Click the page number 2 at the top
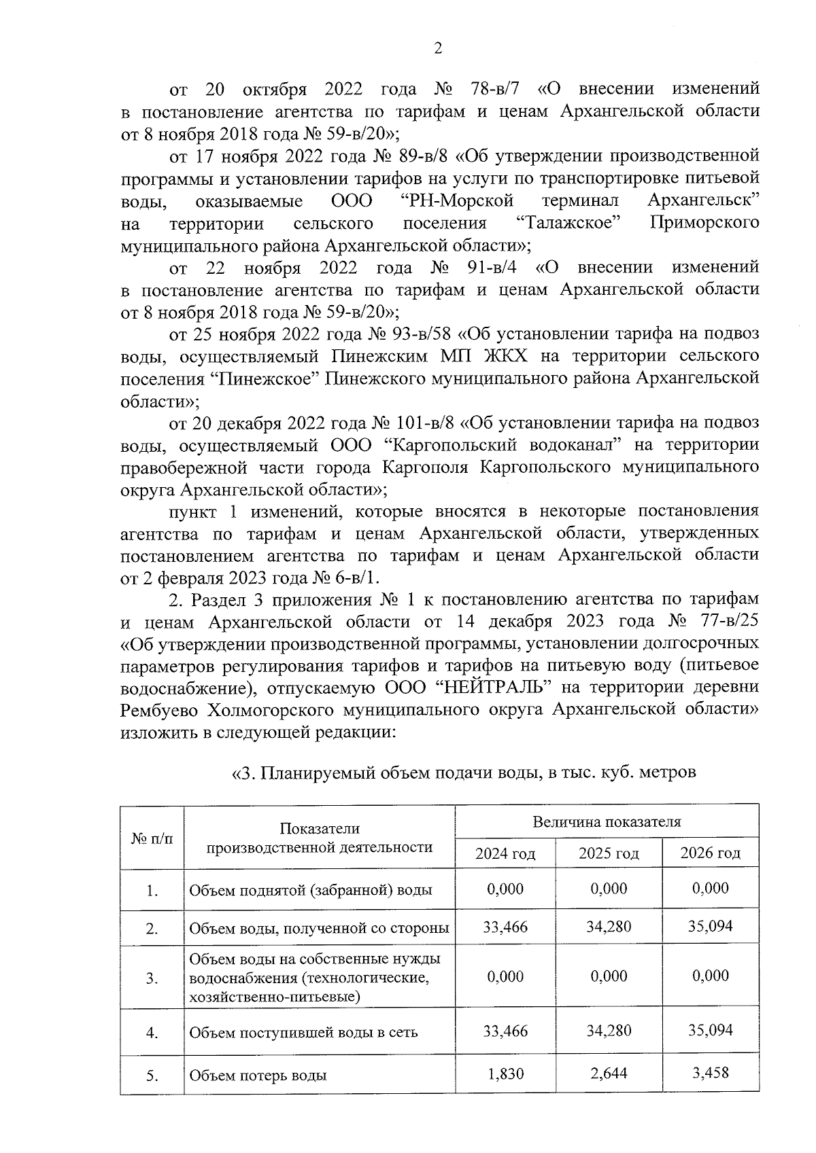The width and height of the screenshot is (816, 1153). [438, 48]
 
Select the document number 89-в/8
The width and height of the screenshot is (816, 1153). [419, 157]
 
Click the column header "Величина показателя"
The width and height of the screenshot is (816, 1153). [607, 822]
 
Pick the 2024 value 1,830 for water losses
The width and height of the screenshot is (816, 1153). [505, 1074]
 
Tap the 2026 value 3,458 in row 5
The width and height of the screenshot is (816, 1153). [710, 1074]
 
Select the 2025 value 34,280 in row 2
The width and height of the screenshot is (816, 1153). [608, 927]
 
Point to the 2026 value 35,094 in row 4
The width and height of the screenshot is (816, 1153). [710, 1031]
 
